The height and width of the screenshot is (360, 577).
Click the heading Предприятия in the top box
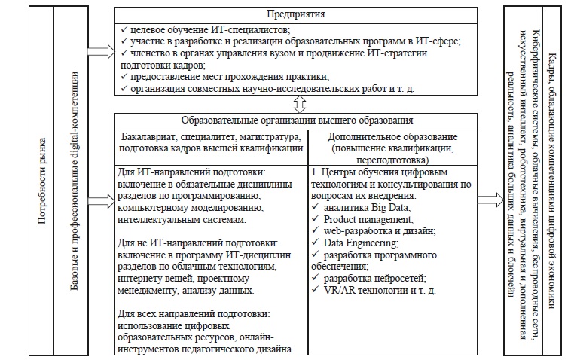pos(298,14)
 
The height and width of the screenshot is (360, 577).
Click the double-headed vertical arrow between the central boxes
pos(299,103)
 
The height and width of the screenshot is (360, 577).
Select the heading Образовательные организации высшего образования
pos(298,120)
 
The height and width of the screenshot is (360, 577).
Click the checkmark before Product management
pos(316,218)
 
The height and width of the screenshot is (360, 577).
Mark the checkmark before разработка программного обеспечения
pos(316,255)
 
